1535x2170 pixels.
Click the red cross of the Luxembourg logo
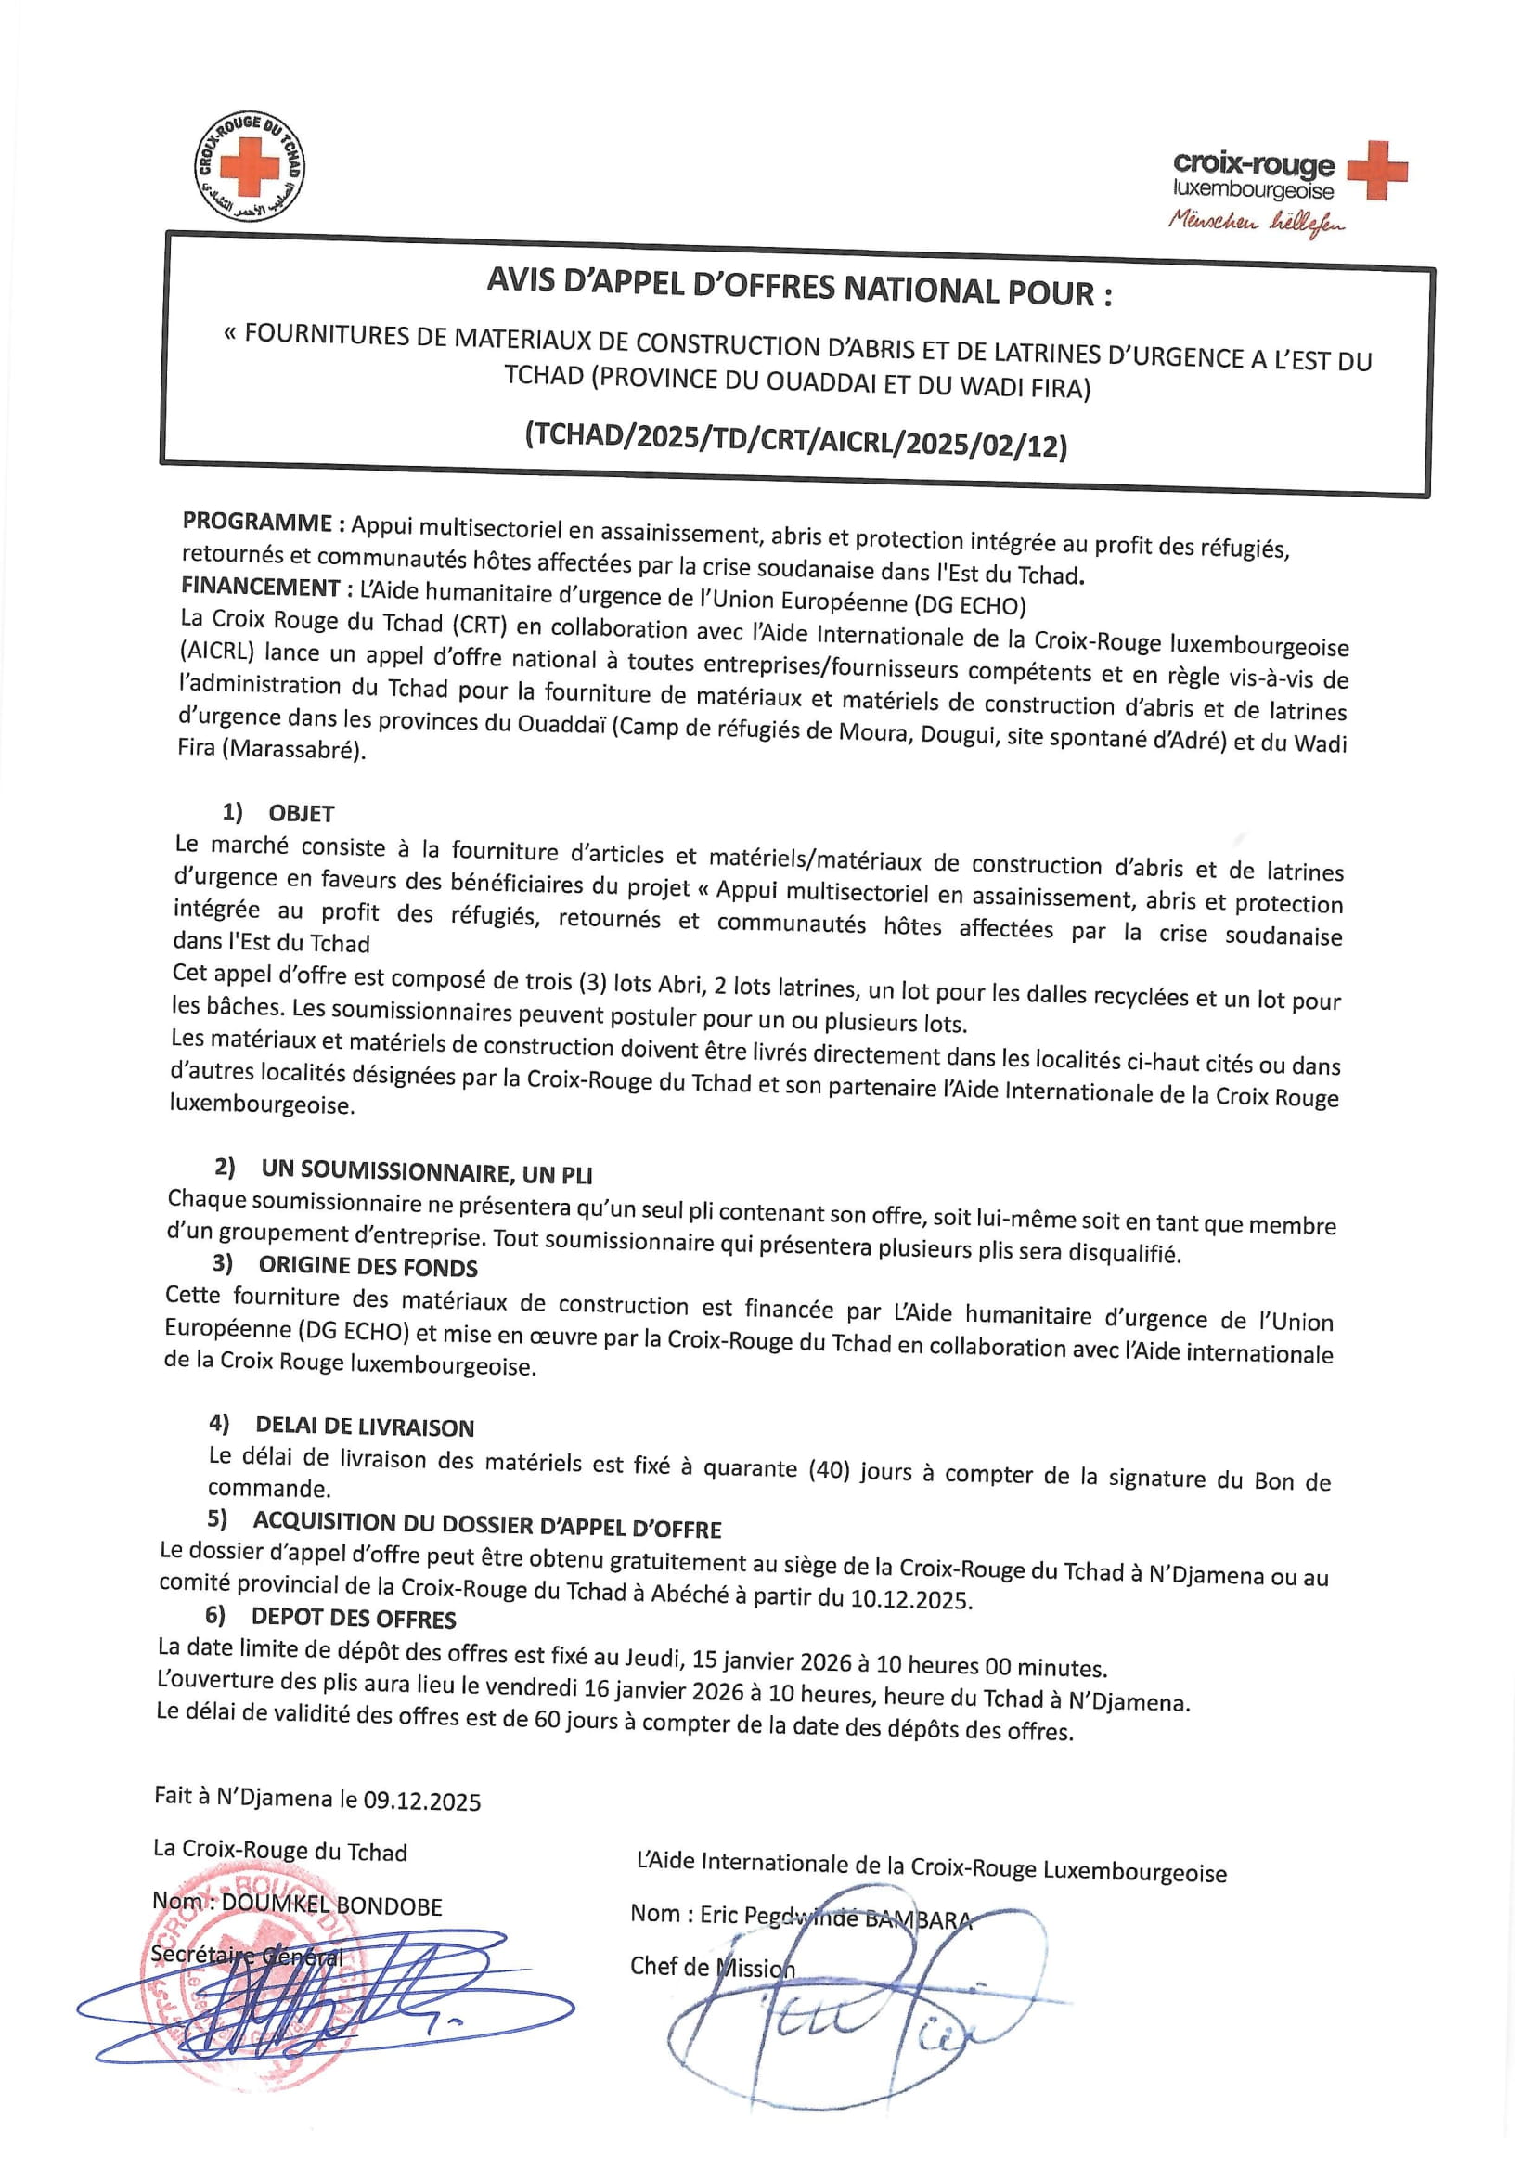click(1376, 171)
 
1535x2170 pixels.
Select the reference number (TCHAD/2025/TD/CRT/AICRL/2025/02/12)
click(796, 441)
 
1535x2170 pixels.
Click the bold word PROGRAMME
click(257, 523)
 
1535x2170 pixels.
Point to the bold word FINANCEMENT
click(261, 587)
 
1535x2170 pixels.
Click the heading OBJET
click(302, 814)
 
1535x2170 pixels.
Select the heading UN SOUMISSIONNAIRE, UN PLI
click(426, 1173)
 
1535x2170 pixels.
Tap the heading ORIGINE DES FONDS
click(368, 1267)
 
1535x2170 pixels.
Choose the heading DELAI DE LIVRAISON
click(365, 1427)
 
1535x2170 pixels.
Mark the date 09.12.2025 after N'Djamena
click(421, 1802)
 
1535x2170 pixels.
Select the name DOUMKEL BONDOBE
click(331, 1906)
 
